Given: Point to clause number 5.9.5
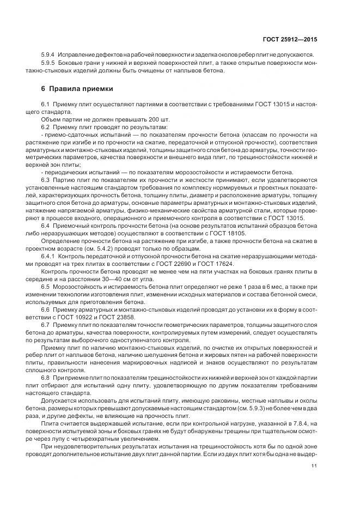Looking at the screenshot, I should pos(48,64).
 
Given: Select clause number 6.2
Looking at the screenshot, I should pos(46,127).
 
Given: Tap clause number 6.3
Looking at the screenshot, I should pos(46,179).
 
